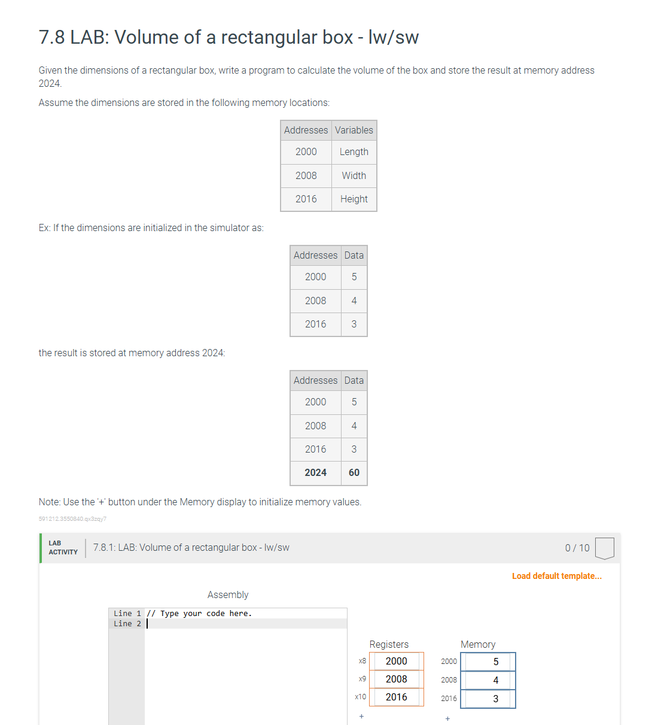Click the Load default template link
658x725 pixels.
pos(556,576)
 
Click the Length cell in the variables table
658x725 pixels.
pos(354,152)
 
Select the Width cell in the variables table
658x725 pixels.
pos(354,175)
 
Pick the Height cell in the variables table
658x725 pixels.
pos(354,199)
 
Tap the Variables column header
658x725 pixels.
pos(354,130)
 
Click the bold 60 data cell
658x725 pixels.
pos(354,472)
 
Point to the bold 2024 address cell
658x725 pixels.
pos(315,472)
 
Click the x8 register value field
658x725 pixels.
pos(396,661)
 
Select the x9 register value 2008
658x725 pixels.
pos(396,679)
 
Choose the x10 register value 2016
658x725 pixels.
pos(396,697)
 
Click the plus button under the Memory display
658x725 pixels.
pos(447,718)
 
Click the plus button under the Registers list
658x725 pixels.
pos(361,716)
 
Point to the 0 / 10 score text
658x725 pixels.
pos(577,548)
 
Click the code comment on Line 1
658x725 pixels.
pos(199,613)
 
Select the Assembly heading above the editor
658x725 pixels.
pos(227,594)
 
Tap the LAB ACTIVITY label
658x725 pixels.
pos(63,548)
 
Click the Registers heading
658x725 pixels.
pos(389,644)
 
